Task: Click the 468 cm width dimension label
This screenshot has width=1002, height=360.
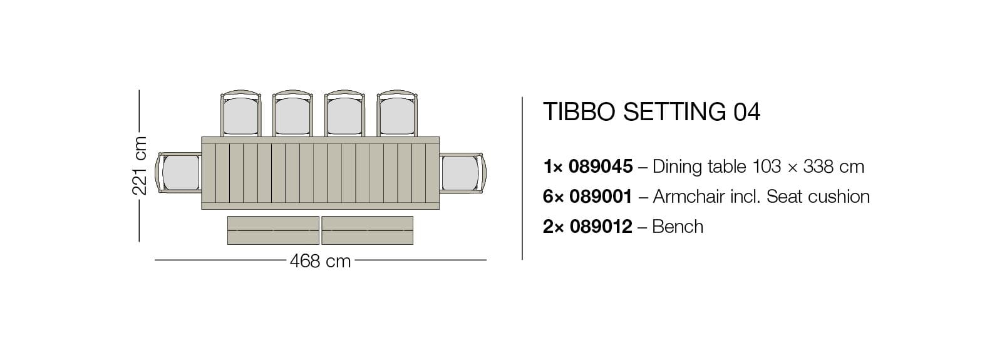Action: (320, 260)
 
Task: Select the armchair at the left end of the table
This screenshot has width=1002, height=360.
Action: (180, 173)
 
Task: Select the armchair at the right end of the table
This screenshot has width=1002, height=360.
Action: (460, 173)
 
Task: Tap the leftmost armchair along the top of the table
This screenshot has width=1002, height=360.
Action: (241, 115)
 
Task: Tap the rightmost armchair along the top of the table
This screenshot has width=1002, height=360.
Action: (397, 115)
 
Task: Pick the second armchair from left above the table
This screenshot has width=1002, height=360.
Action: (293, 115)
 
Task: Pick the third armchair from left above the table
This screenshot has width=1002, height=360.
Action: (345, 115)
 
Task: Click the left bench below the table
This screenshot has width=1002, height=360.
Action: (273, 230)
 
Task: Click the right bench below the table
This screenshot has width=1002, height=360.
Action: (367, 230)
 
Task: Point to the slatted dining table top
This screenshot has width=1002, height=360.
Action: (320, 173)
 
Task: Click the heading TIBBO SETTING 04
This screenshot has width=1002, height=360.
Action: (651, 112)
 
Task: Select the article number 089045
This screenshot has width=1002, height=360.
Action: (601, 167)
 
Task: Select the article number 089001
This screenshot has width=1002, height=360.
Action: (601, 197)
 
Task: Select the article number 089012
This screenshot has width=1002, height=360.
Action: (601, 227)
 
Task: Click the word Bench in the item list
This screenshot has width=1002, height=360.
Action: (678, 227)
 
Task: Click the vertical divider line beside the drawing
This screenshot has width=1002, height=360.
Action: (522, 178)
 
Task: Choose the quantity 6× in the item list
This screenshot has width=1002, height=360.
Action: (554, 197)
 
